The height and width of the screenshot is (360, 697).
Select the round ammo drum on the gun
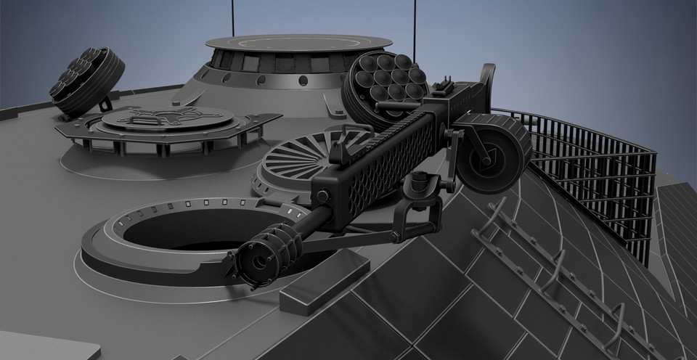coord(495,152)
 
